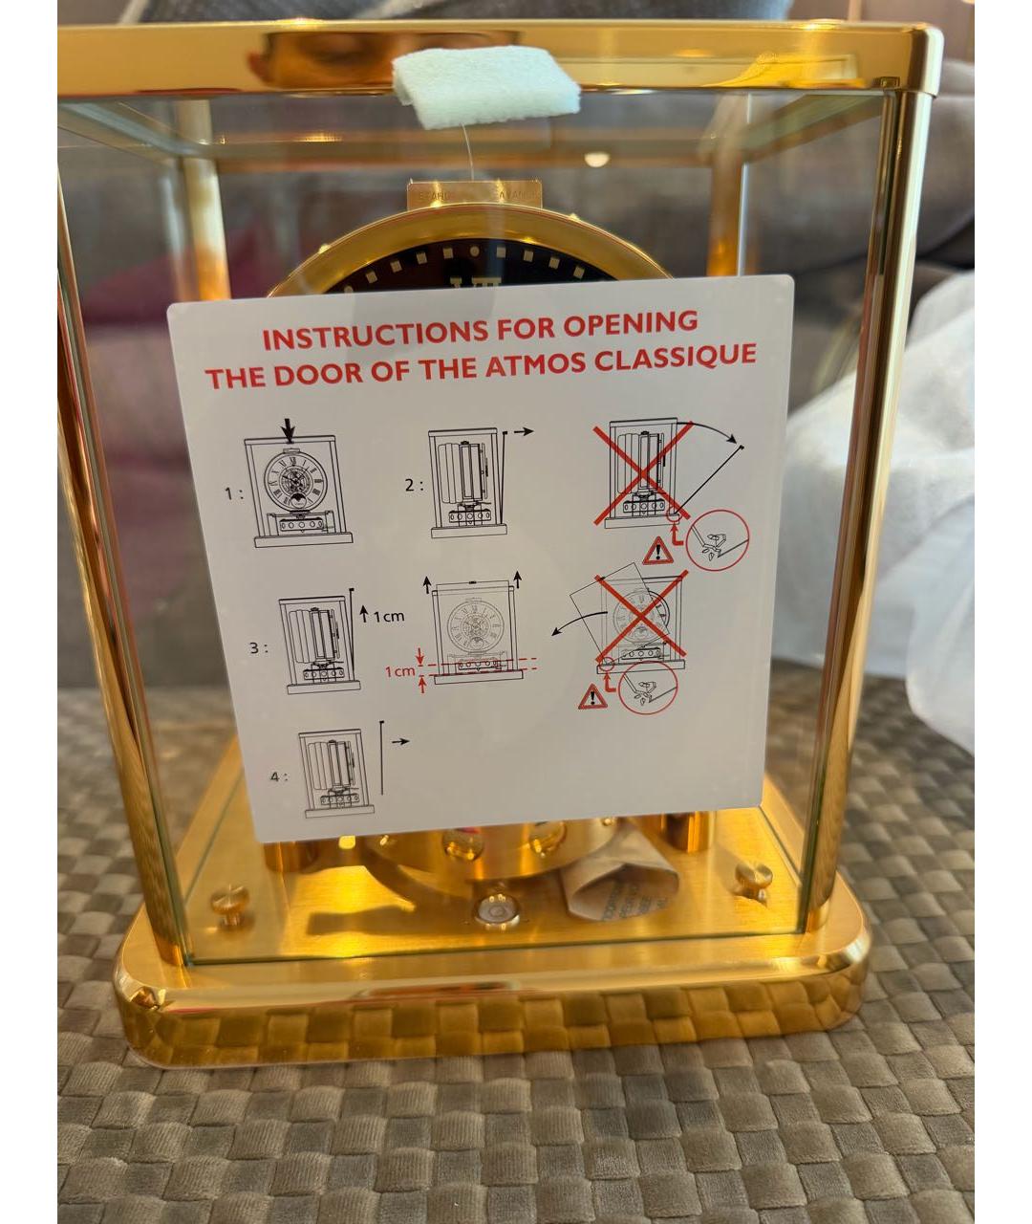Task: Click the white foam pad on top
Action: click(485, 86)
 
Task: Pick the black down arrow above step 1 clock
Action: click(289, 429)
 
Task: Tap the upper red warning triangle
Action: click(657, 551)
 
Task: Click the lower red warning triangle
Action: click(591, 697)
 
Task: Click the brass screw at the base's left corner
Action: click(229, 900)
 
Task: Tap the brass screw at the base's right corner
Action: click(753, 874)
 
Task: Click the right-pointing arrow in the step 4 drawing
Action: click(399, 741)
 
